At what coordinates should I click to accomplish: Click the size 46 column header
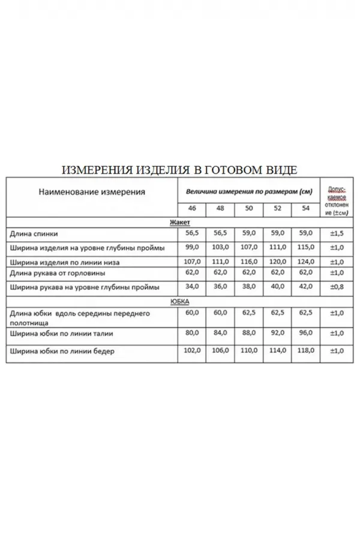192,208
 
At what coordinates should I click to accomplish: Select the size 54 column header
306,208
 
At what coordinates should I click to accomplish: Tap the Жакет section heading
180,221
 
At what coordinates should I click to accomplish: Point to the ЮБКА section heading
180,301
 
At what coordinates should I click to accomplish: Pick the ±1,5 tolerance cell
337,233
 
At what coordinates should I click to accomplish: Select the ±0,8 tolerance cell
337,287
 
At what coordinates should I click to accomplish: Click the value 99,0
192,247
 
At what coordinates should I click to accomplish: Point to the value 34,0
192,287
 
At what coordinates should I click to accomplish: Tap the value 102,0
192,352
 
